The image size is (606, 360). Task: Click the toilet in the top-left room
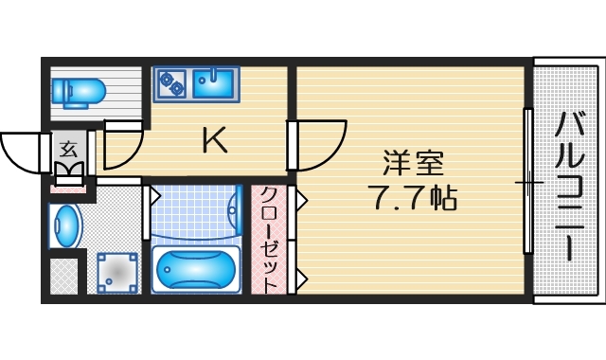82,92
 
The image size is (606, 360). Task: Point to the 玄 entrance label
68,148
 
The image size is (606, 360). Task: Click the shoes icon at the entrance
68,172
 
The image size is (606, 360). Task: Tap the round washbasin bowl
67,225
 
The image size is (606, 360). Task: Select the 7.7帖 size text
412,199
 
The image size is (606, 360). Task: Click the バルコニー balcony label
569,186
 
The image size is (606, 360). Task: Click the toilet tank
60,92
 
